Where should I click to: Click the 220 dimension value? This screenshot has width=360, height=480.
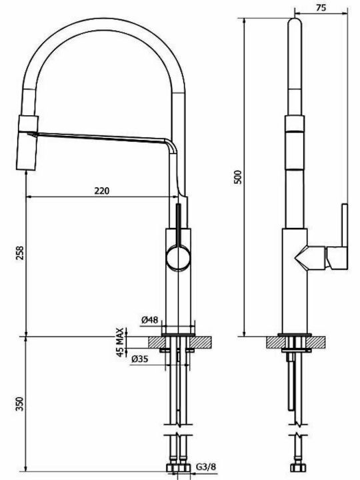point(101,191)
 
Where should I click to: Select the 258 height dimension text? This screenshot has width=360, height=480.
point(20,253)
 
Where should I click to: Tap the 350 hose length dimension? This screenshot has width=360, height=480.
point(20,404)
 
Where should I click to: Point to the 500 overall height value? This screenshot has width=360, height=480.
point(238,177)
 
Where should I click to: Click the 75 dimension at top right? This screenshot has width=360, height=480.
point(321,8)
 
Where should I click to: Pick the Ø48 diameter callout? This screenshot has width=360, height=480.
point(150,320)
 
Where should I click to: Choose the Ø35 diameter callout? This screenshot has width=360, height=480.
point(139,359)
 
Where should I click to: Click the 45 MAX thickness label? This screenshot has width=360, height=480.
point(121,342)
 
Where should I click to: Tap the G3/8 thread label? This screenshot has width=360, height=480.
point(206,467)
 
